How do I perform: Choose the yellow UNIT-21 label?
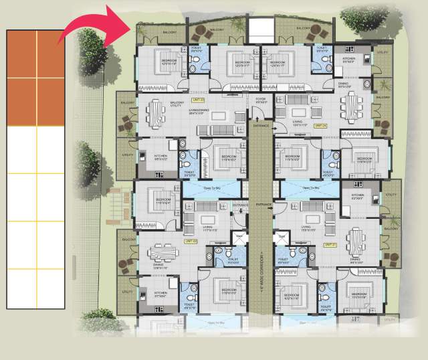point(329,245)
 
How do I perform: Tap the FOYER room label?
point(261,100)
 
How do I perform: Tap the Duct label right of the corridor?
point(282,236)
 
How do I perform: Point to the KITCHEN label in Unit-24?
point(348,58)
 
